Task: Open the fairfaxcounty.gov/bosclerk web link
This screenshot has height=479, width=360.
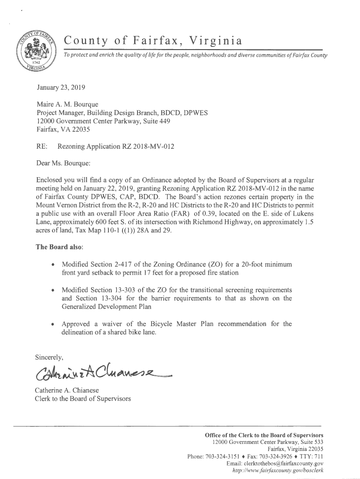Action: click(x=278, y=471)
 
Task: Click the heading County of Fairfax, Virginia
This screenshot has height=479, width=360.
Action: click(x=153, y=41)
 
